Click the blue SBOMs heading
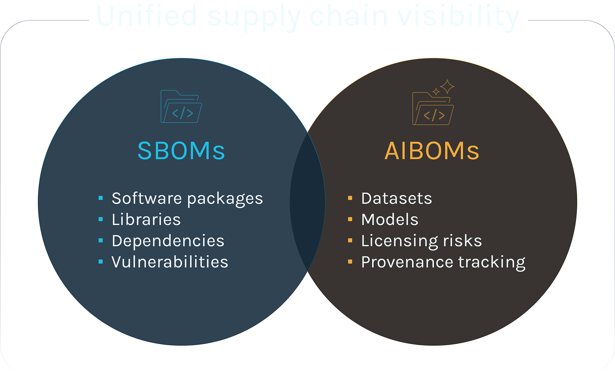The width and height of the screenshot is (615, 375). coord(181,151)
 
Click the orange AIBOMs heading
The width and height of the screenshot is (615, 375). coord(432,151)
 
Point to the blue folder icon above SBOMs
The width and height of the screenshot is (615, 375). coord(181,107)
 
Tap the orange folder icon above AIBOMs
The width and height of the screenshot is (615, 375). coord(433,109)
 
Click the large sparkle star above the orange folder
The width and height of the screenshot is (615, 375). coord(447,86)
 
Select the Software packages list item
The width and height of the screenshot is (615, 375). coord(187,198)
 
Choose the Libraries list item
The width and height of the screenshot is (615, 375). coord(146,220)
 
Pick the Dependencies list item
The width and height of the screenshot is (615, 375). coord(168,241)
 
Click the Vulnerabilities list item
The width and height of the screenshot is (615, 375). coord(170,262)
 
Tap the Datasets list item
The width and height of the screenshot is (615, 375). coord(396,198)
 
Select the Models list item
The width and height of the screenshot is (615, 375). coord(390,220)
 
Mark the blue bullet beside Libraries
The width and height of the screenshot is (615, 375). coord(101,219)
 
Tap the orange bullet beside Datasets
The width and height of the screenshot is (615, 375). coord(350,198)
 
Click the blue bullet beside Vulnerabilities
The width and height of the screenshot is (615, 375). coord(101,262)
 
